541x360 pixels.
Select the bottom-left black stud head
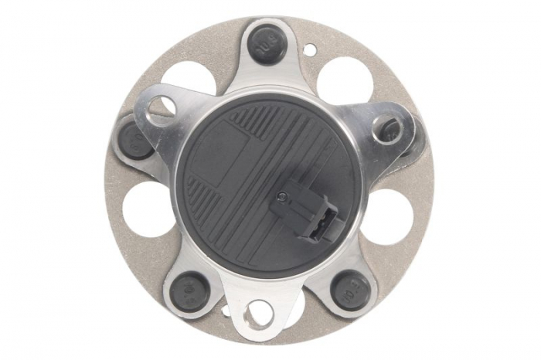click(x=188, y=290)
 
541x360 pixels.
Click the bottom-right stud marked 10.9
click(x=349, y=292)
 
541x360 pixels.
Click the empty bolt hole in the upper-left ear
click(x=159, y=108)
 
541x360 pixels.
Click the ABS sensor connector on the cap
click(x=307, y=212)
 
